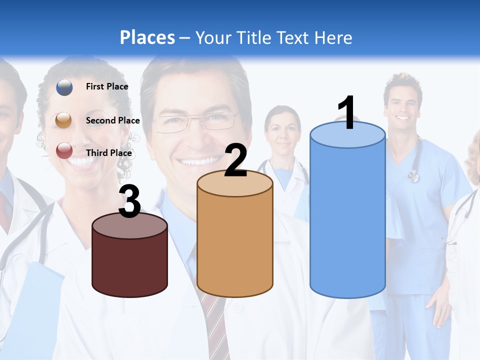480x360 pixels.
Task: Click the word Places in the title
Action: tap(147, 37)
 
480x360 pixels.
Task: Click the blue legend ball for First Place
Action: tap(64, 87)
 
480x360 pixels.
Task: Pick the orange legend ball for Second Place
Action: tap(64, 120)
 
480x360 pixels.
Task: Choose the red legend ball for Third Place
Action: tap(64, 150)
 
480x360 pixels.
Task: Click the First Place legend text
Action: tap(107, 86)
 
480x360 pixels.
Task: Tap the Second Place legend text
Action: tap(112, 120)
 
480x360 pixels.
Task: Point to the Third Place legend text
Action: tap(109, 153)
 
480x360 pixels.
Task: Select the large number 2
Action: tap(236, 160)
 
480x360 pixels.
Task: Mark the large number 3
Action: tap(129, 202)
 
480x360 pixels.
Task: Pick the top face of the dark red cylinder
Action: tap(129, 226)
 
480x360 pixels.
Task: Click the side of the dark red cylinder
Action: tap(129, 265)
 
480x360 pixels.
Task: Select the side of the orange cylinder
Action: tap(235, 245)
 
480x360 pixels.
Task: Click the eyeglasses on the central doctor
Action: tap(195, 121)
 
